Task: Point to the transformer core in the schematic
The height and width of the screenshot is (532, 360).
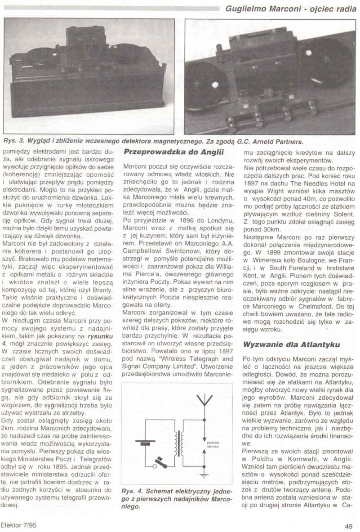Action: pos(180,443)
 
